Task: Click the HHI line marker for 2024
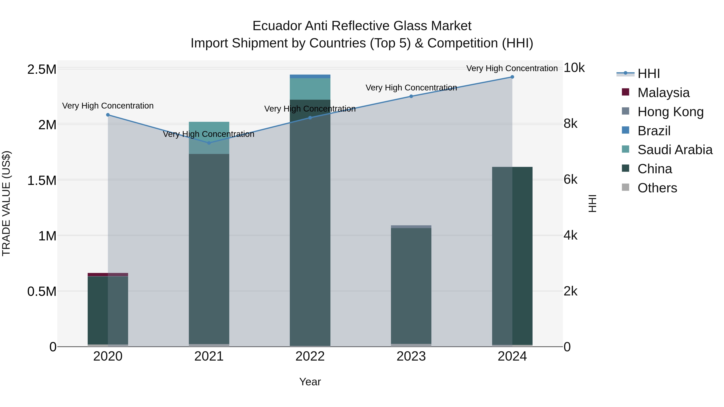[512, 77]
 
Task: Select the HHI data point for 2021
[209, 143]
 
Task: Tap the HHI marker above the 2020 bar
[108, 115]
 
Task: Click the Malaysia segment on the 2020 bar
[108, 274]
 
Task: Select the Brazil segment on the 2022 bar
[310, 76]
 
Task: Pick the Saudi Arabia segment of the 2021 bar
[209, 138]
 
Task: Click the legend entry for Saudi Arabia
[675, 150]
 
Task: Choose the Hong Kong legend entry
[670, 112]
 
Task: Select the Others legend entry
[657, 188]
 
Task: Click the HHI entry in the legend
[648, 74]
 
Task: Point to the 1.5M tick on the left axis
[42, 180]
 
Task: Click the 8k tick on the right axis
[570, 124]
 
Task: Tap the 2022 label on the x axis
[310, 356]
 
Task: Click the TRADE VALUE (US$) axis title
[6, 203]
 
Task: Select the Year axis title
[310, 382]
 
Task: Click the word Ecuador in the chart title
[277, 26]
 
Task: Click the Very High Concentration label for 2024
[512, 68]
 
